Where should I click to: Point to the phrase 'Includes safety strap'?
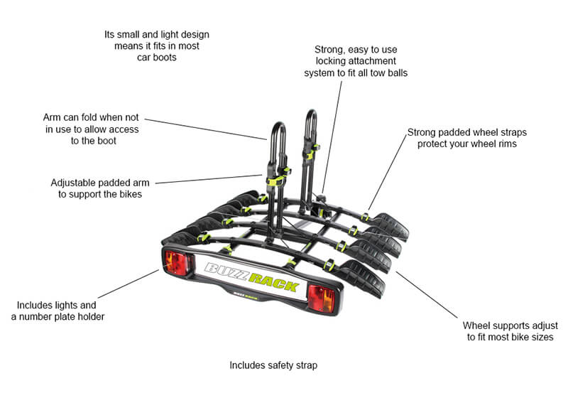point(273,365)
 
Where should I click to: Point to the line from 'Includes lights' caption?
point(128,284)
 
